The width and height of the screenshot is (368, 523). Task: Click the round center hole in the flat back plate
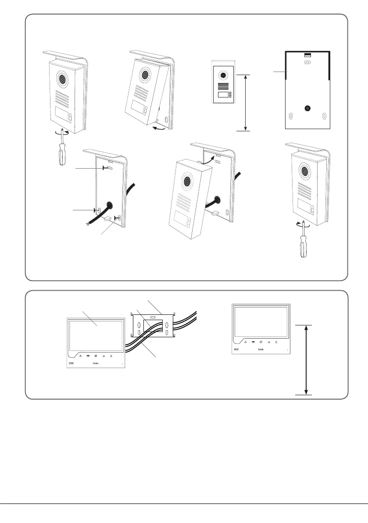307,108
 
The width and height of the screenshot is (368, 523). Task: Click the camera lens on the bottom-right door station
304,171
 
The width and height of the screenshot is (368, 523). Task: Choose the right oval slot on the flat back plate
324,116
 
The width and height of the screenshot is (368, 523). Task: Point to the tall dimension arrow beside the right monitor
306,360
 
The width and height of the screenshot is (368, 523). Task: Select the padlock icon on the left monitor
111,356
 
